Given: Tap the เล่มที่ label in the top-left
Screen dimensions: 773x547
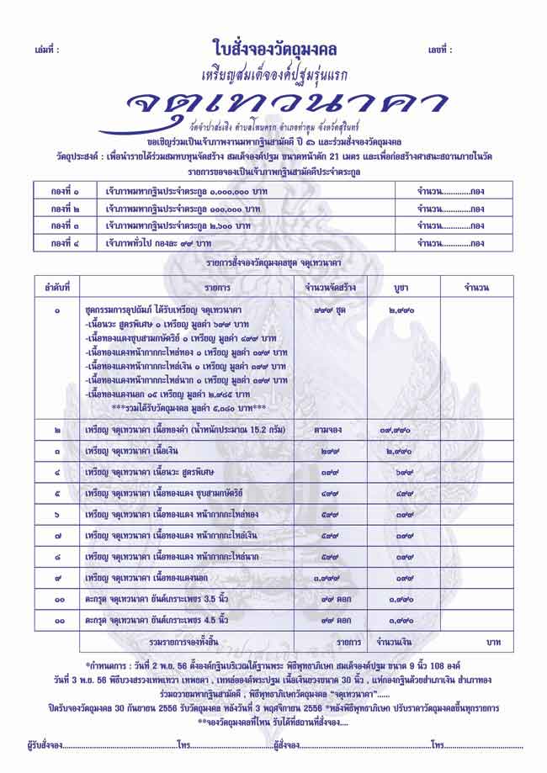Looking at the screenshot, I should point(47,50).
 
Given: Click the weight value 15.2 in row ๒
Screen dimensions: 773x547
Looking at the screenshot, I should point(258,430).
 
